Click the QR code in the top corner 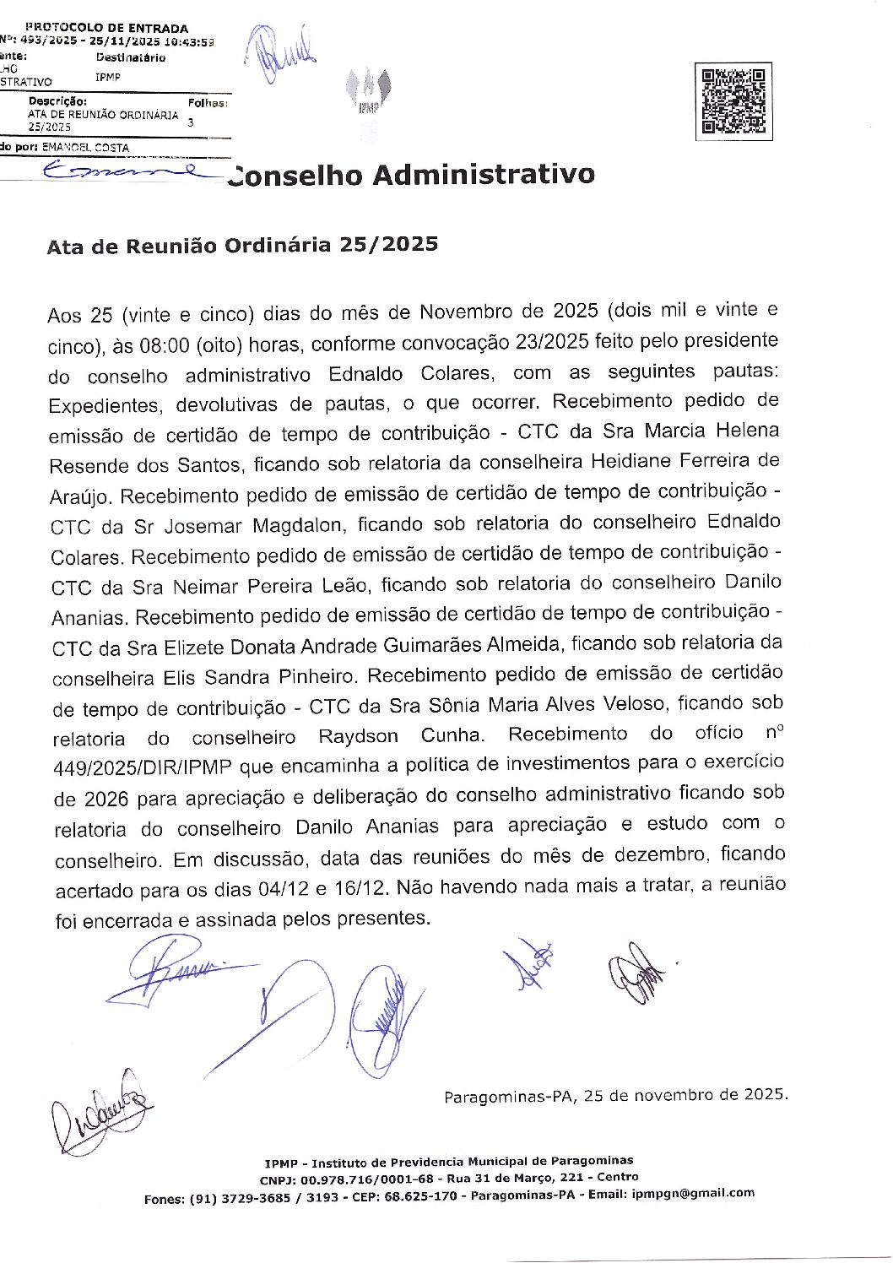tap(733, 101)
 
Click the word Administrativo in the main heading tap(483, 175)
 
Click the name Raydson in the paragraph tap(358, 737)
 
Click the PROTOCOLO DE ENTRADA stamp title tap(107, 28)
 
